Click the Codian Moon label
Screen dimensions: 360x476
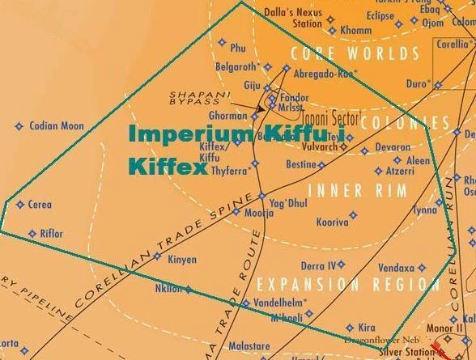pyautogui.click(x=56, y=126)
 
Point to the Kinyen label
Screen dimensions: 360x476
pyautogui.click(x=181, y=260)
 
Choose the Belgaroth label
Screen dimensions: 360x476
pyautogui.click(x=236, y=66)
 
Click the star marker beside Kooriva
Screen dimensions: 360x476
pyautogui.click(x=353, y=215)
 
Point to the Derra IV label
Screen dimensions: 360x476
pyautogui.click(x=317, y=265)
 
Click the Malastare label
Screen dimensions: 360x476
pyautogui.click(x=249, y=345)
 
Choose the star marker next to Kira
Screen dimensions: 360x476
pyautogui.click(x=350, y=328)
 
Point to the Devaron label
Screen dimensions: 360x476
pyautogui.click(x=393, y=147)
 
